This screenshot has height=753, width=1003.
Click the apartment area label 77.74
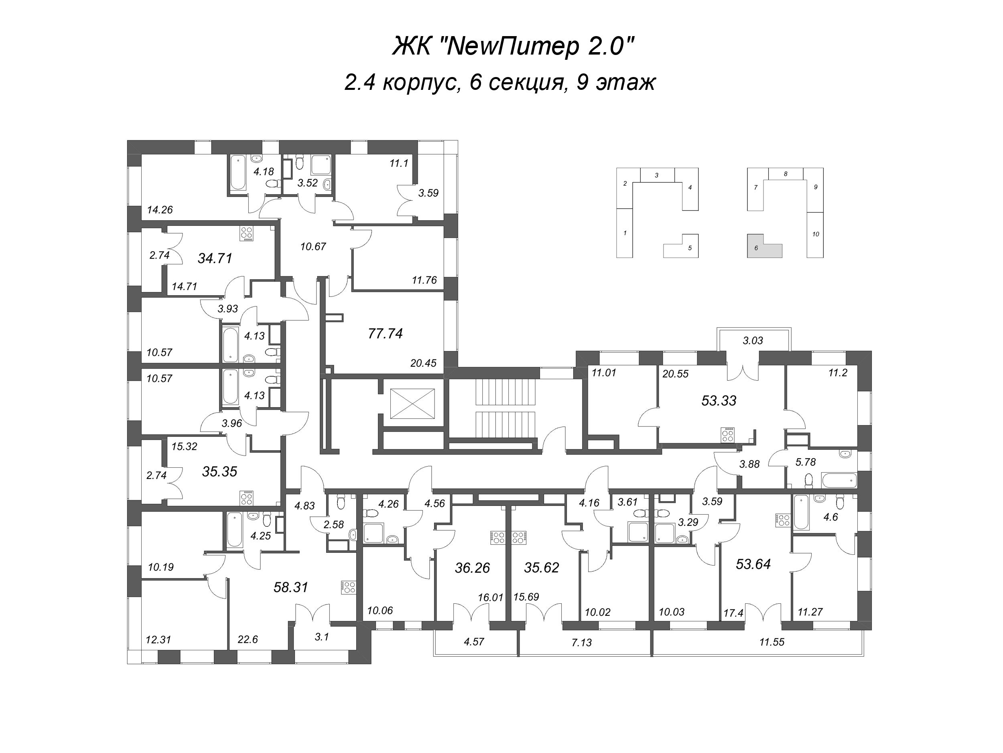(x=386, y=334)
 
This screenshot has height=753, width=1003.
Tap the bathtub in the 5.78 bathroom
(x=839, y=480)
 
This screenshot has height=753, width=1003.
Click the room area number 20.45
(x=423, y=363)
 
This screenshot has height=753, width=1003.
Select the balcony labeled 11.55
(x=772, y=642)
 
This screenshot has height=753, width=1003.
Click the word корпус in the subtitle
(x=419, y=83)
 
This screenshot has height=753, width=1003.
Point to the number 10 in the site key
(x=816, y=234)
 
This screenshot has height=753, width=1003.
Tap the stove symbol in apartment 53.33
(x=728, y=435)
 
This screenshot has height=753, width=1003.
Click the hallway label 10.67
(x=313, y=247)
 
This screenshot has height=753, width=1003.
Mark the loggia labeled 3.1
(x=321, y=637)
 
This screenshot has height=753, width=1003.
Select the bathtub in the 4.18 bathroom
(x=238, y=173)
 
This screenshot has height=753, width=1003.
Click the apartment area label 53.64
(x=753, y=564)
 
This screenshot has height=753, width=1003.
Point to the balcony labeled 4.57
(x=474, y=642)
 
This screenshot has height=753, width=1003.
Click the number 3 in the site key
(x=657, y=175)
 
